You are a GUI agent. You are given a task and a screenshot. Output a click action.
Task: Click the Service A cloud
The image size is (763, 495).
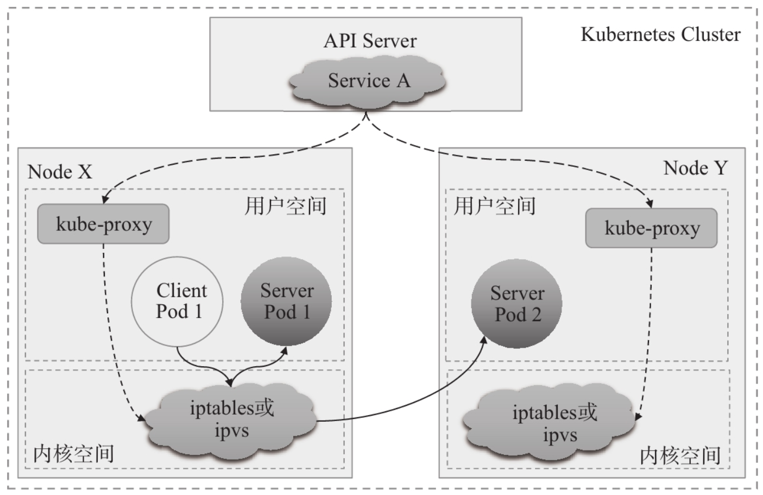click(x=367, y=83)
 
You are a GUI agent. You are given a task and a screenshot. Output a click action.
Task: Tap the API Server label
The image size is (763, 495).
click(x=370, y=41)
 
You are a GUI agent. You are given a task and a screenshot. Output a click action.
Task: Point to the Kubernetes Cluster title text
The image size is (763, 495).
click(x=660, y=34)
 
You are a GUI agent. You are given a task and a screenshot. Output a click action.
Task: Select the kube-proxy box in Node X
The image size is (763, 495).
click(x=103, y=224)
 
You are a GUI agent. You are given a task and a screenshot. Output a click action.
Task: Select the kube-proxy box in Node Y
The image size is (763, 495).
click(x=651, y=228)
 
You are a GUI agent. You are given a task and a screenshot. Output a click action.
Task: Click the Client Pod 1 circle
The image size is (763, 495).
click(x=177, y=302)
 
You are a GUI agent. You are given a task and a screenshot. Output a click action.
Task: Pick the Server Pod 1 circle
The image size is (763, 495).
click(x=286, y=302)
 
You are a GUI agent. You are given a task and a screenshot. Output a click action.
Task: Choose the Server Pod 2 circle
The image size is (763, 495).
click(x=517, y=303)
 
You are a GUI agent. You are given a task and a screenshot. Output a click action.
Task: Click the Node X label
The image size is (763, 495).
click(x=60, y=172)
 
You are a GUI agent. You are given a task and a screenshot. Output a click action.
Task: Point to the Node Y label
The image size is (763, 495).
click(x=696, y=168)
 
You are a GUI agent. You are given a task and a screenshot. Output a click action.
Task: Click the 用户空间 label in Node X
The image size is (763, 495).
click(x=286, y=206)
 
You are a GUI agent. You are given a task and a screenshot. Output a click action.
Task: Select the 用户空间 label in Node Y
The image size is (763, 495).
click(x=495, y=206)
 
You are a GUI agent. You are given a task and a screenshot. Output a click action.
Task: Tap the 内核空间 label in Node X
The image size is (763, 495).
click(x=73, y=454)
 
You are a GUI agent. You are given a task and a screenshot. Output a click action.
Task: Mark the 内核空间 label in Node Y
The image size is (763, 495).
click(x=680, y=456)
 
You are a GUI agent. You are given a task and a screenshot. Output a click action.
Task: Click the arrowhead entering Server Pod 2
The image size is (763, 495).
click(x=483, y=340)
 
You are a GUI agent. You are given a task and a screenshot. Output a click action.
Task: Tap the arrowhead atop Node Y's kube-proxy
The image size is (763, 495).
click(x=650, y=204)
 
